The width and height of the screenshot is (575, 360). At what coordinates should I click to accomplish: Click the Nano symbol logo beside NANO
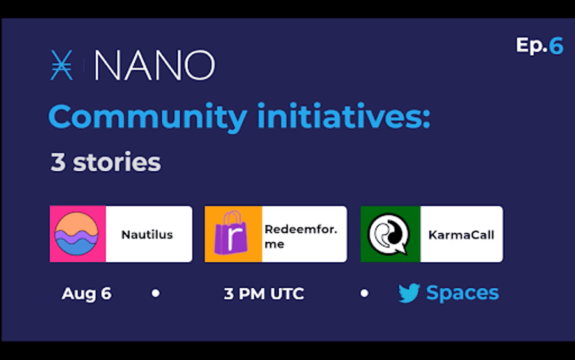[x=61, y=65]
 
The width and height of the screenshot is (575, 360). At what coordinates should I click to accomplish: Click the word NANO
[x=155, y=65]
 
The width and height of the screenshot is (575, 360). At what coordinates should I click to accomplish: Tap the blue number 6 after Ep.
[x=556, y=46]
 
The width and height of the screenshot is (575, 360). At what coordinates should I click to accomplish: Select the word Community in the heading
[x=148, y=117]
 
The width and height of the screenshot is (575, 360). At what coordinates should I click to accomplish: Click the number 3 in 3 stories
[x=58, y=162]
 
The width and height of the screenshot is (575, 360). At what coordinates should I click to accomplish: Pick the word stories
[x=117, y=162]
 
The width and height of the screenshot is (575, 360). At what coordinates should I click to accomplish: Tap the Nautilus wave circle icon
[x=76, y=234]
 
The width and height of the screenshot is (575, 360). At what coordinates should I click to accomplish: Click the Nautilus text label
[x=147, y=235]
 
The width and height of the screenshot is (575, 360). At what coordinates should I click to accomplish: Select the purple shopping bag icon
[x=231, y=233]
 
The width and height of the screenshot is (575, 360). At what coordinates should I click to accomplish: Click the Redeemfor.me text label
[x=301, y=237]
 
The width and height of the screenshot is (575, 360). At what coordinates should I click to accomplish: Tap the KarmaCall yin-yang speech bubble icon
[x=389, y=234]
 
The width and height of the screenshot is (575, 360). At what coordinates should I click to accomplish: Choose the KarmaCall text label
[x=461, y=235]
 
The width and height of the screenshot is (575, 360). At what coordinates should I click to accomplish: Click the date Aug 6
[x=86, y=293]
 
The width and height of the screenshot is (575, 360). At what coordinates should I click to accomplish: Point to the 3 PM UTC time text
[x=264, y=293]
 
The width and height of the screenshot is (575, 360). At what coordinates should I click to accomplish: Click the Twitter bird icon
[x=409, y=293]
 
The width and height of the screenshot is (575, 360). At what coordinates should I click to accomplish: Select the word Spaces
[x=463, y=293]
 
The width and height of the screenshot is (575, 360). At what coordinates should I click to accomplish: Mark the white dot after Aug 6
[x=156, y=293]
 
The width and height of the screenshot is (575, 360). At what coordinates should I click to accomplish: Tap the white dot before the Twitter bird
[x=364, y=293]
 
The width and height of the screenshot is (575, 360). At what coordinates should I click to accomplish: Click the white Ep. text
[x=532, y=46]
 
